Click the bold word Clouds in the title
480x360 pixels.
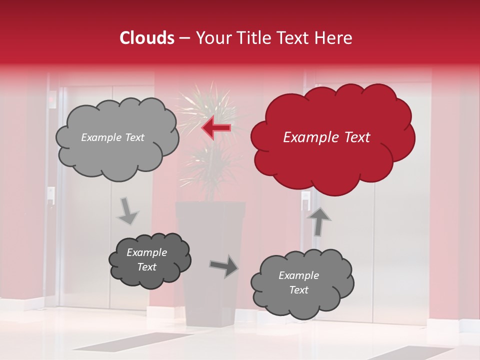pos(147,38)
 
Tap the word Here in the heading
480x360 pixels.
pos(333,38)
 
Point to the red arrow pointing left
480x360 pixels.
pos(216,127)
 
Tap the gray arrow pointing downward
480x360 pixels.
pos(128,210)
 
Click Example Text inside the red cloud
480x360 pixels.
pos(326,137)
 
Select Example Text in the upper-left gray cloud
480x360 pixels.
pos(112,137)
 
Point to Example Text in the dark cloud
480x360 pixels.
pos(147,259)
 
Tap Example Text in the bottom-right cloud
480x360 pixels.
pos(298,282)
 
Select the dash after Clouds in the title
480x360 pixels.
pos(184,38)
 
